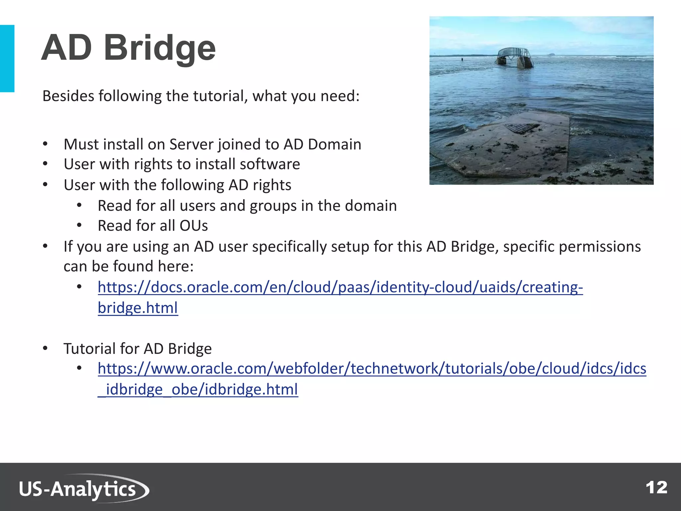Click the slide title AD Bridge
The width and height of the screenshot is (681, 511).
[x=128, y=48]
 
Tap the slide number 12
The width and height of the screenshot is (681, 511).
[x=656, y=488]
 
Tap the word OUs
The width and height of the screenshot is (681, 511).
[x=194, y=226]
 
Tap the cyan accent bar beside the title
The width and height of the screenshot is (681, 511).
[x=7, y=58]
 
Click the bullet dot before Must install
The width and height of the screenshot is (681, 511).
[x=45, y=144]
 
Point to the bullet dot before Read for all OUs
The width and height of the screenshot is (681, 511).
[x=79, y=226]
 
